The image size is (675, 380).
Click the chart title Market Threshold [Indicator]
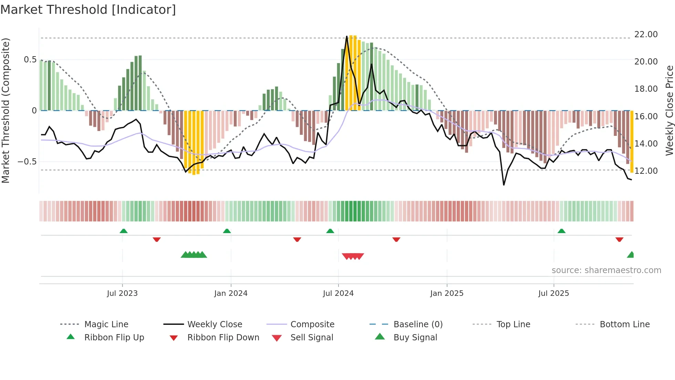click(88, 10)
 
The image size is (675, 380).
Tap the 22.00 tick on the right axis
click(646, 34)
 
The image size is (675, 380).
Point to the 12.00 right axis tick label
click(646, 171)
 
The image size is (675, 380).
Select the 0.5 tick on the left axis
click(30, 60)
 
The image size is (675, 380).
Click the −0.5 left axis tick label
click(27, 162)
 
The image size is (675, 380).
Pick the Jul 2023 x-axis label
click(122, 293)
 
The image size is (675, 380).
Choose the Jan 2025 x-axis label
click(447, 293)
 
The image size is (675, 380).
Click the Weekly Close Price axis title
click(669, 110)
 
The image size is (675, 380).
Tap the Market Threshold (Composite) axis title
click(6, 110)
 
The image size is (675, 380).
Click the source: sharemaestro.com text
click(606, 270)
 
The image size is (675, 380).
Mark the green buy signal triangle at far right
click(631, 255)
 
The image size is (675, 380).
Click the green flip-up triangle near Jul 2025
click(561, 231)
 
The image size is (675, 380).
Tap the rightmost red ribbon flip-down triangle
click(619, 239)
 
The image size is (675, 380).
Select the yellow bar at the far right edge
click(632, 141)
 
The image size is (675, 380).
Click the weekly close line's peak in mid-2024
click(347, 37)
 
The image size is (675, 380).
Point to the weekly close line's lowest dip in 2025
click(504, 185)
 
